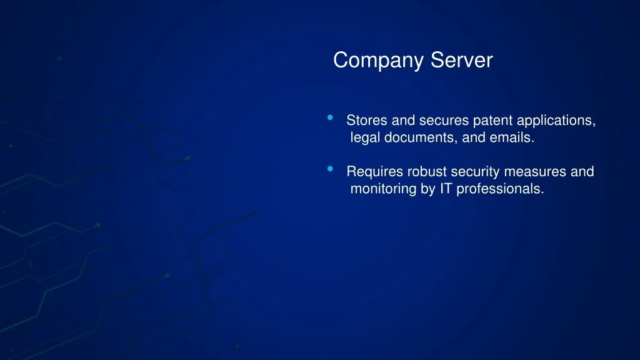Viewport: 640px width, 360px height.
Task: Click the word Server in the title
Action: (462, 60)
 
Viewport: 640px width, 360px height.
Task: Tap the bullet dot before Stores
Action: (330, 117)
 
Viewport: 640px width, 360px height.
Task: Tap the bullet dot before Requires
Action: (330, 169)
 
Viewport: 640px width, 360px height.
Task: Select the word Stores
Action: (366, 121)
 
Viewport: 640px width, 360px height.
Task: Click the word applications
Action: (556, 121)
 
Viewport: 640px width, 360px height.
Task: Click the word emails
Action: (512, 137)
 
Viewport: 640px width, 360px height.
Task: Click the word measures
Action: (535, 172)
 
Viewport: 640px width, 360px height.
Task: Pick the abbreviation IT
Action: (446, 189)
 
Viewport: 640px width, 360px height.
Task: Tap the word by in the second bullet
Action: (427, 189)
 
